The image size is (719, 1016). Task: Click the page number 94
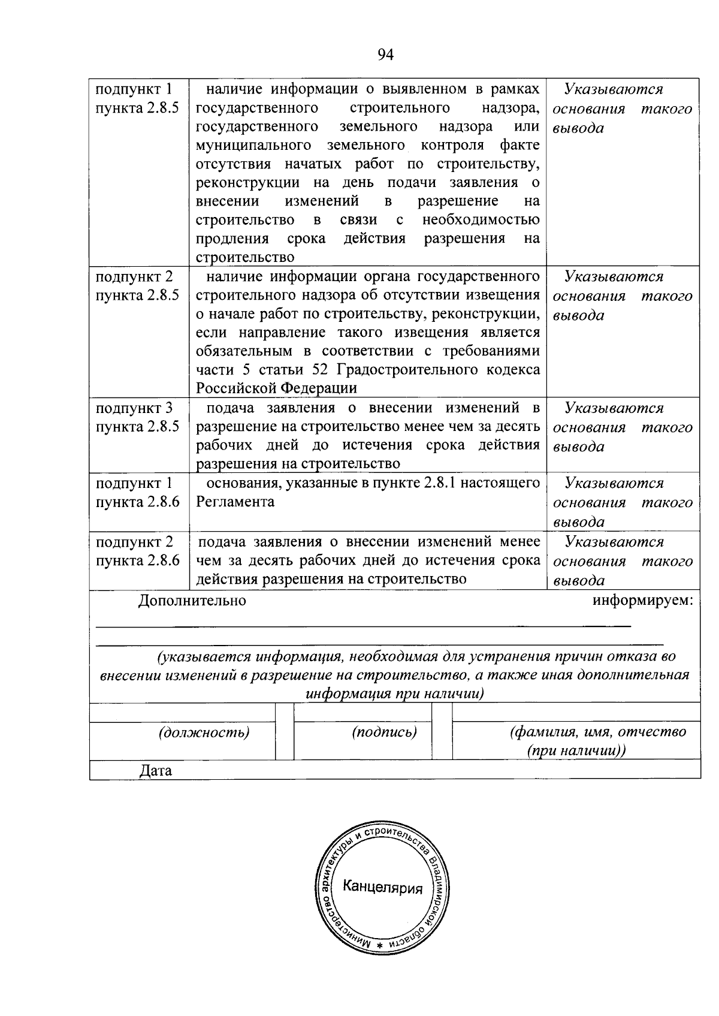(386, 55)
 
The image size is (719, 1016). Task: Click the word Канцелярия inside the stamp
(382, 888)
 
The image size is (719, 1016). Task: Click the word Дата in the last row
(155, 770)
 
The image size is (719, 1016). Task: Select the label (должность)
(204, 732)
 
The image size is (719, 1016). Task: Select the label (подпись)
(384, 732)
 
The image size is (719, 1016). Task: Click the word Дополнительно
(192, 601)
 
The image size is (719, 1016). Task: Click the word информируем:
(642, 601)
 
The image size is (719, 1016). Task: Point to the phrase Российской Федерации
(276, 388)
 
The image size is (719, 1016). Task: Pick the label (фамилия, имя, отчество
(597, 732)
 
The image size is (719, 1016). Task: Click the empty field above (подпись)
(363, 712)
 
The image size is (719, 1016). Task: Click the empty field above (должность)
(182, 712)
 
